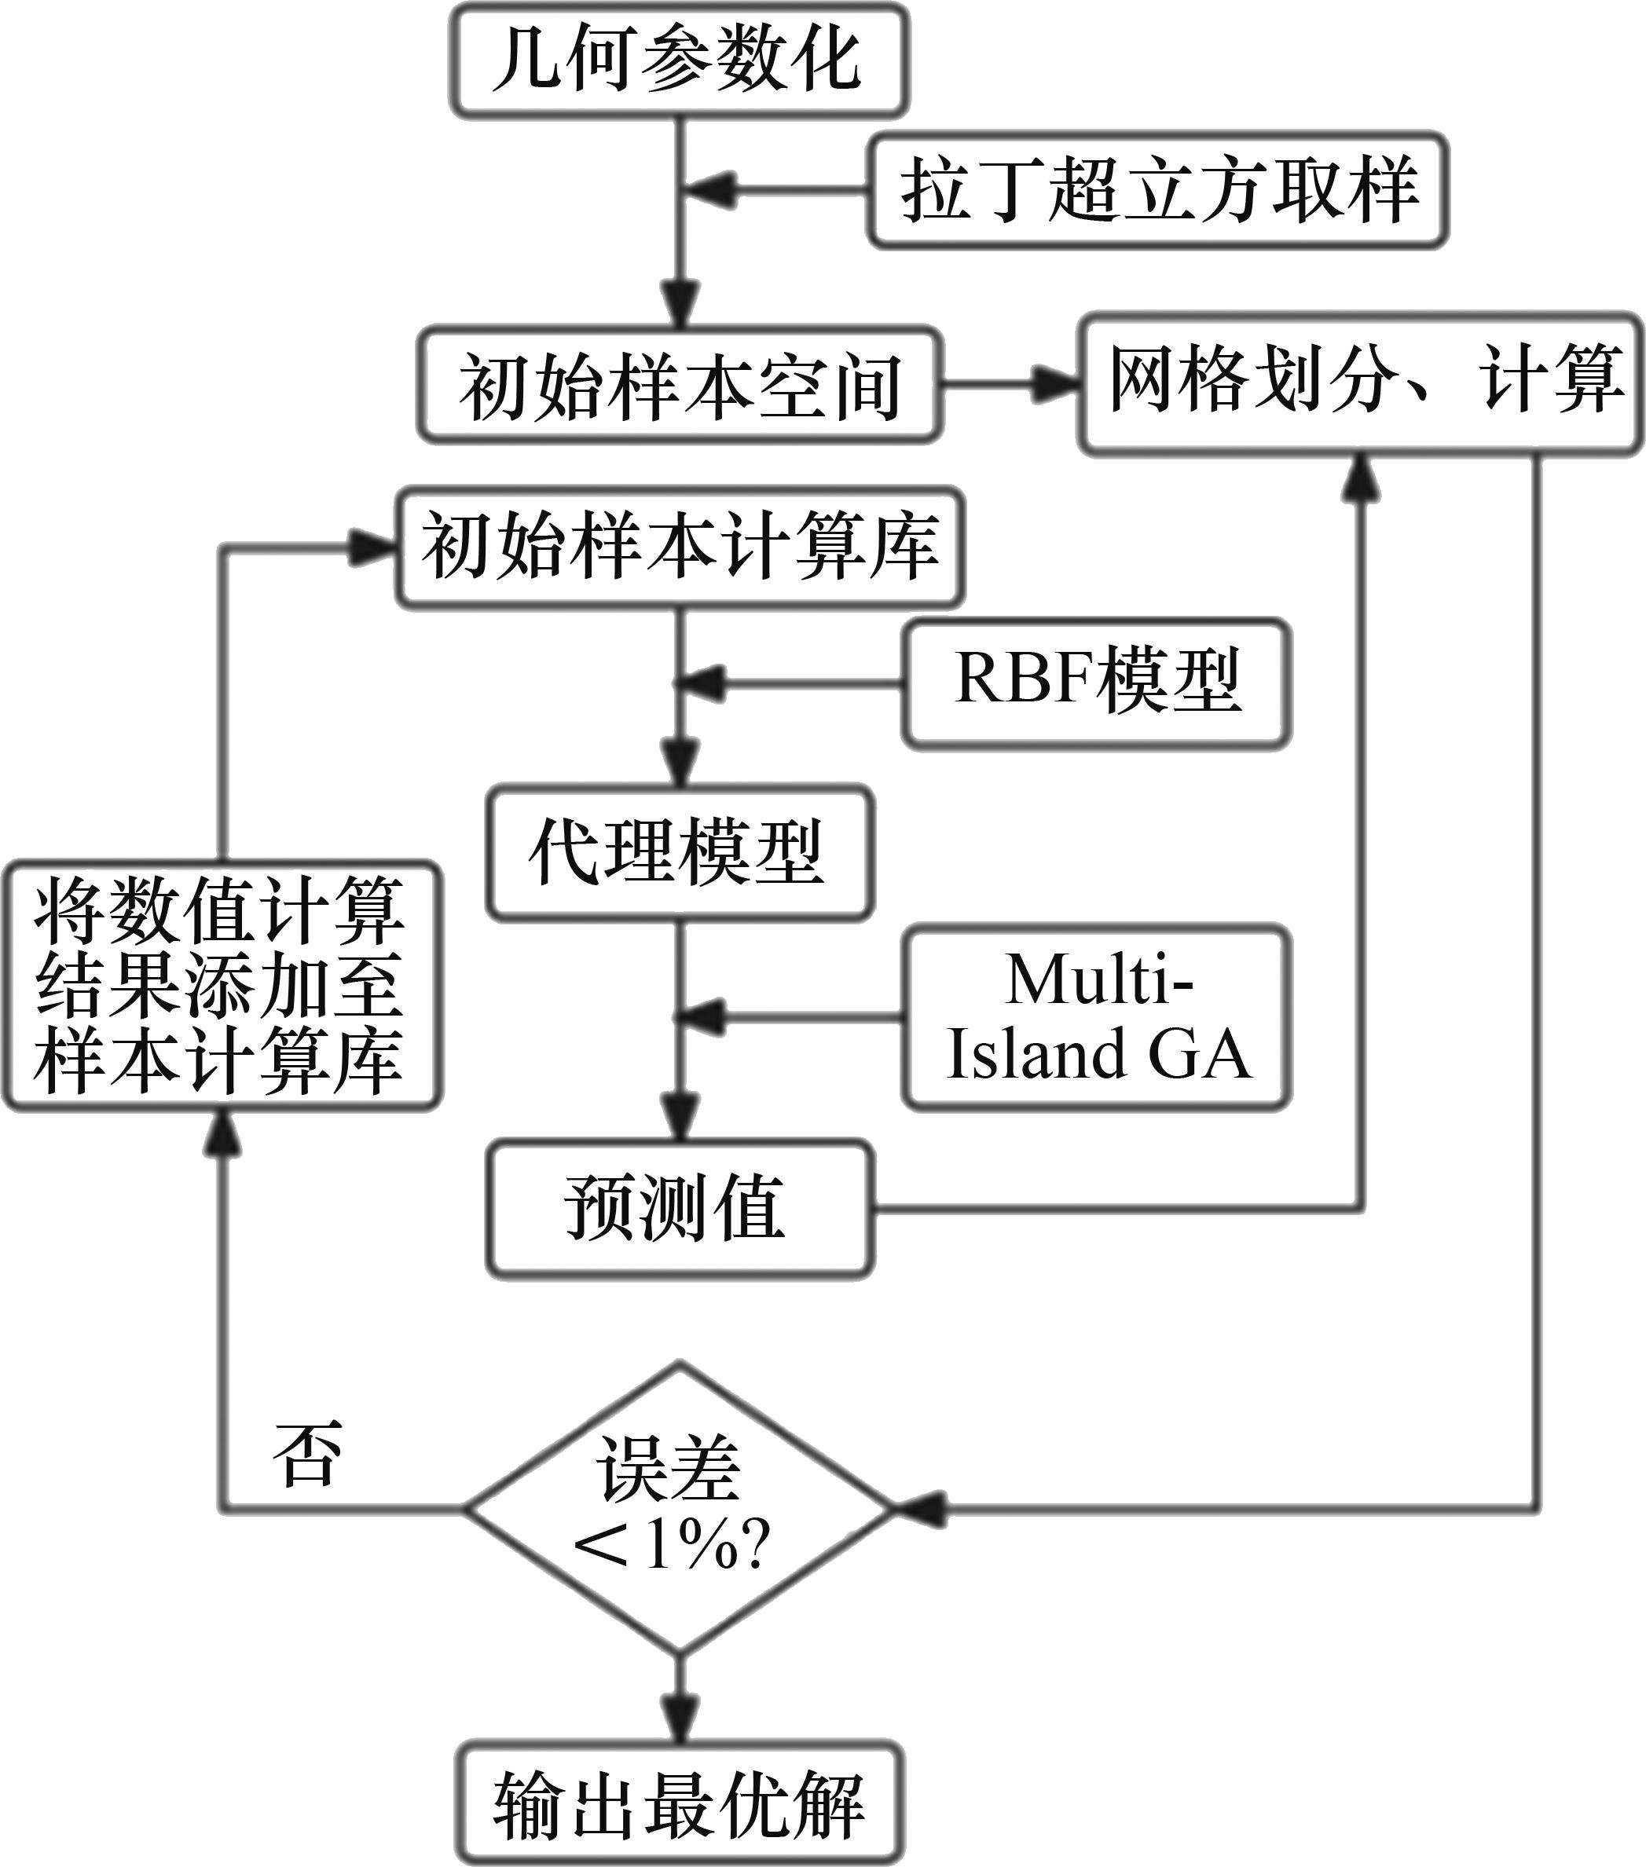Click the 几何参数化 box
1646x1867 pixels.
680,60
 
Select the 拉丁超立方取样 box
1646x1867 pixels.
1157,191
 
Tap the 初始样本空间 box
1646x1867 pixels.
680,385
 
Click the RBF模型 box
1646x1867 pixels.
1096,683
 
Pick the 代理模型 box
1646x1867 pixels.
680,851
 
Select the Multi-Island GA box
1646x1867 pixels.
1096,1016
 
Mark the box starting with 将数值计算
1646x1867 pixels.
221,987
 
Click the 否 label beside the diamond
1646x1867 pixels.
308,1453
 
